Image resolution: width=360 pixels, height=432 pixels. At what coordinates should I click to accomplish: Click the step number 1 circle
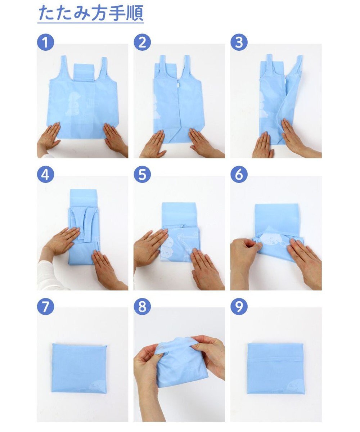(45, 42)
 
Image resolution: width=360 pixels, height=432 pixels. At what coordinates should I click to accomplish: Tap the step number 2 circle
(142, 42)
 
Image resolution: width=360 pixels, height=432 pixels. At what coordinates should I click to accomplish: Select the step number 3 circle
(239, 42)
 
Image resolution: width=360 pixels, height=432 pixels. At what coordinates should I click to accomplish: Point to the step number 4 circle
(45, 174)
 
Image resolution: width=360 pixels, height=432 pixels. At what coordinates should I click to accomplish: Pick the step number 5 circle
(142, 174)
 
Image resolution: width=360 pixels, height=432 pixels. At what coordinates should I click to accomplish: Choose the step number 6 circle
(239, 174)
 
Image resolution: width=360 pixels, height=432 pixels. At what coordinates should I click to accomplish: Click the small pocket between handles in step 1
(84, 72)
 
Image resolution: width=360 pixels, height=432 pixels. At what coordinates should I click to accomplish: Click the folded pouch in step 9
(275, 368)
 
